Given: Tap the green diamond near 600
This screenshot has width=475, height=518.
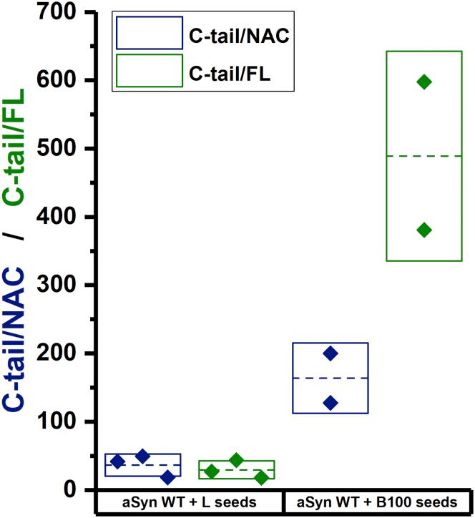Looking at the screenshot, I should coord(423,82).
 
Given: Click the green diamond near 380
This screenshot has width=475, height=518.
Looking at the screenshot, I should coord(423,230).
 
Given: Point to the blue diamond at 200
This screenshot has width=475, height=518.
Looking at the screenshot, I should coord(330,353).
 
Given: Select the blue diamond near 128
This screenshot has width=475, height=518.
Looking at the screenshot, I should coord(330,403).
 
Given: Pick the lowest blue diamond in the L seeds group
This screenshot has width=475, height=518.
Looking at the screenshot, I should coord(167,477).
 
